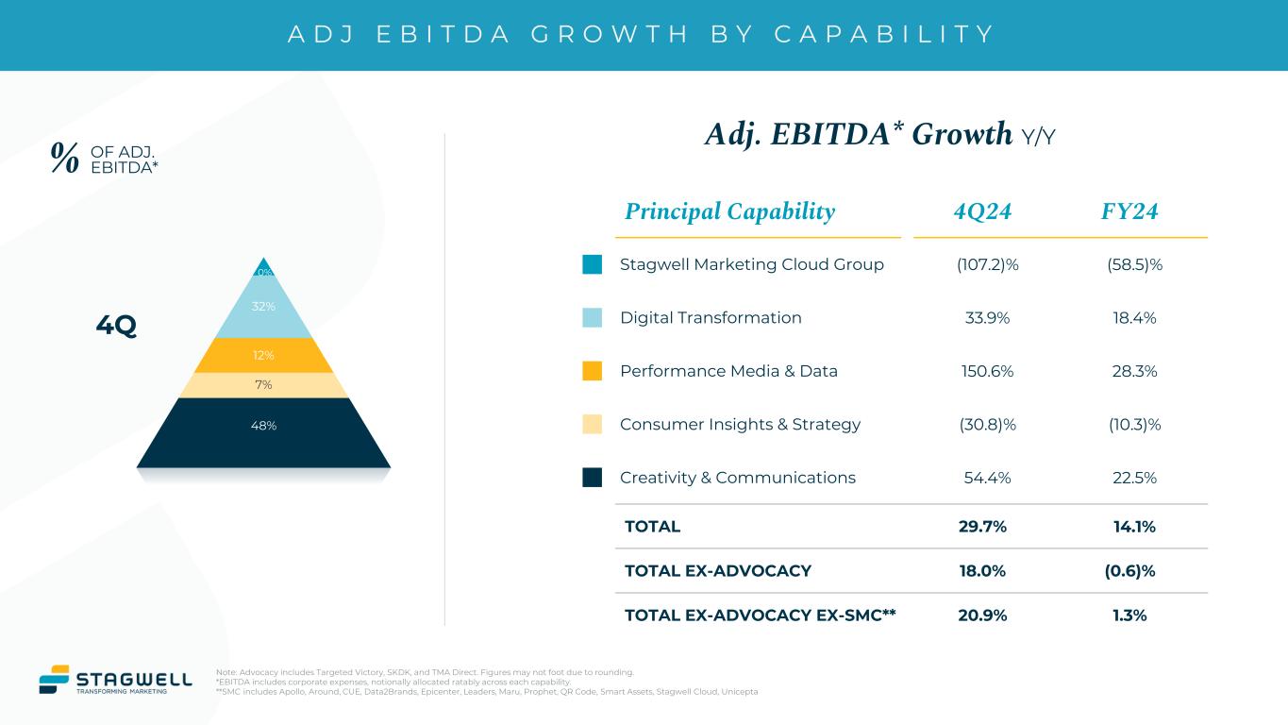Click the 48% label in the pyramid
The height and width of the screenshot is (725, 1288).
pos(263,426)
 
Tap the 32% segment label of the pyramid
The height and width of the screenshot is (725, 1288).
pos(263,307)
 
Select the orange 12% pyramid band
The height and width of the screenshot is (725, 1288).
pos(263,356)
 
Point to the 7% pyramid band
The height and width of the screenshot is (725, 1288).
pos(263,385)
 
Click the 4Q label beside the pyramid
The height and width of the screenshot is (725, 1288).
pos(116,327)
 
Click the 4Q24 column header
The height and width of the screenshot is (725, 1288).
pos(982,211)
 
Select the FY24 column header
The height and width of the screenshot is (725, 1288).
pos(1129,211)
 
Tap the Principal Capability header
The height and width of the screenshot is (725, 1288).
pos(727,211)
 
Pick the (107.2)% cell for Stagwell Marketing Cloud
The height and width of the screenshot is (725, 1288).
pos(987,264)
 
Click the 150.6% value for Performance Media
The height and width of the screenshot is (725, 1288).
pos(987,371)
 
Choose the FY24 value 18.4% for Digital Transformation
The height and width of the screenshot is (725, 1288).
pos(1134,318)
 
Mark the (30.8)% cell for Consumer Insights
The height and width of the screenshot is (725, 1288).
pos(987,425)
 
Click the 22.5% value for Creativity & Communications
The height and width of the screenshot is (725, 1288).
pos(1134,478)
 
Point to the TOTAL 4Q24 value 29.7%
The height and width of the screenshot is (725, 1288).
pos(982,527)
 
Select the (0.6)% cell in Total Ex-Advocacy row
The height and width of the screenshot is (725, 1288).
pos(1134,571)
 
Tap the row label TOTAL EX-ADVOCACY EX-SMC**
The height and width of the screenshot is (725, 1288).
pos(760,615)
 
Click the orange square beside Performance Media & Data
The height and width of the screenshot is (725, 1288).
pos(593,371)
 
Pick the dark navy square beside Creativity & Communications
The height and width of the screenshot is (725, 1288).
pos(593,478)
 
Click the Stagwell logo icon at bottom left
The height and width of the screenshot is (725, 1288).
pos(54,680)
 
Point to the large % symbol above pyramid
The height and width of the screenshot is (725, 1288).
pos(64,159)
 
